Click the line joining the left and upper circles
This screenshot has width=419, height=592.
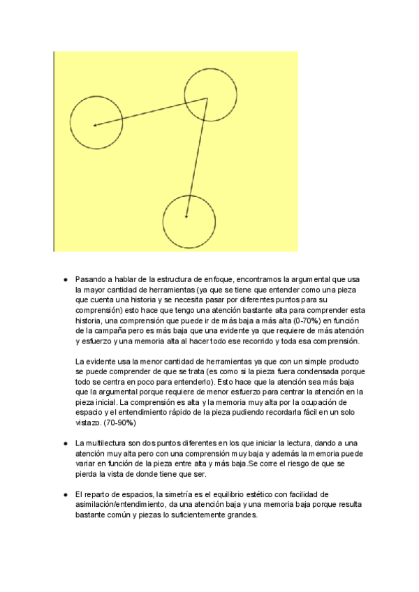tap(150, 112)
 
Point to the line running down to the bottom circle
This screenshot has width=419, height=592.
tap(197, 157)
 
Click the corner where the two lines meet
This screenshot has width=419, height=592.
tap(207, 98)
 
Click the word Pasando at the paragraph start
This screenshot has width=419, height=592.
tap(92, 278)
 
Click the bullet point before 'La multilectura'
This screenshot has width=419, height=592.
tap(65, 443)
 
